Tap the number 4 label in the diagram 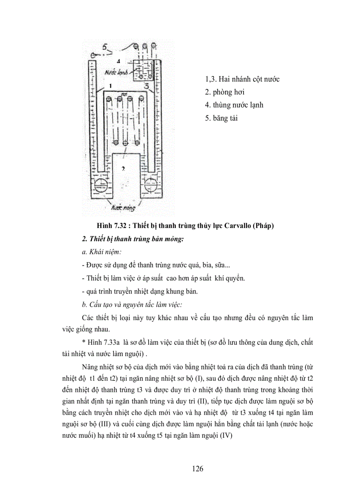(118, 60)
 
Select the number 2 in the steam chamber (124, 168)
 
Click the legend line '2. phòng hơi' (225, 92)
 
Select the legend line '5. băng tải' (221, 118)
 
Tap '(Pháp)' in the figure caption (262, 226)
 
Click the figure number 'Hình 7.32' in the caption (111, 226)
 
